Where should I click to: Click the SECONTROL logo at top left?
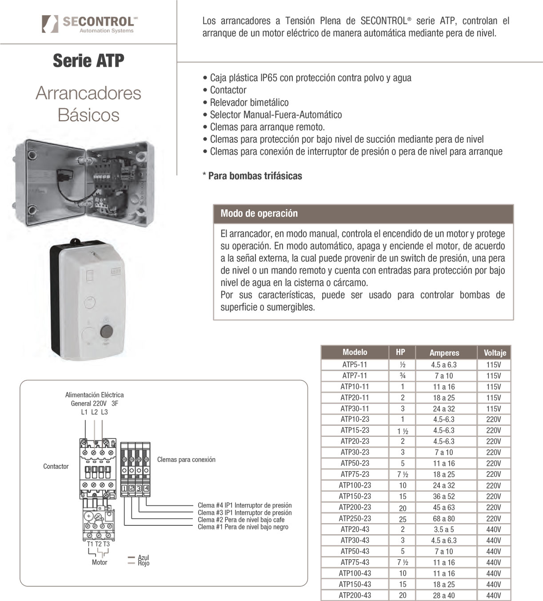[x=88, y=24]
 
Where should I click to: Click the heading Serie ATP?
[x=88, y=61]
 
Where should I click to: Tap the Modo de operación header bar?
[x=363, y=214]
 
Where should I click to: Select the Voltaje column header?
[x=495, y=353]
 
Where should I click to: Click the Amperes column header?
[x=444, y=353]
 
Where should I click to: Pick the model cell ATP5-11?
[x=355, y=364]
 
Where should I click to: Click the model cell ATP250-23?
[x=355, y=518]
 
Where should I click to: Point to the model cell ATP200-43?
[x=355, y=595]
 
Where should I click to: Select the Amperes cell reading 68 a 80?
[x=444, y=518]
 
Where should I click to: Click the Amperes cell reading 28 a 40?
[x=444, y=595]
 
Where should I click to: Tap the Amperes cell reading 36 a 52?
[x=444, y=496]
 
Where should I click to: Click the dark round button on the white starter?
[x=106, y=331]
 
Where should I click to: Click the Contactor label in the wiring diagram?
[x=56, y=466]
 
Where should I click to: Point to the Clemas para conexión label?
[x=186, y=460]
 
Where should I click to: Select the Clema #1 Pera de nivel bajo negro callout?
[x=243, y=527]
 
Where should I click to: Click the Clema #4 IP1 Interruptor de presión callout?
[x=244, y=505]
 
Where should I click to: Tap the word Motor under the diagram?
[x=100, y=562]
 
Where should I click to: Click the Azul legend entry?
[x=143, y=557]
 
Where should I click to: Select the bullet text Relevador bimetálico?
[x=249, y=102]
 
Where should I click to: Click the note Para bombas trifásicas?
[x=255, y=176]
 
